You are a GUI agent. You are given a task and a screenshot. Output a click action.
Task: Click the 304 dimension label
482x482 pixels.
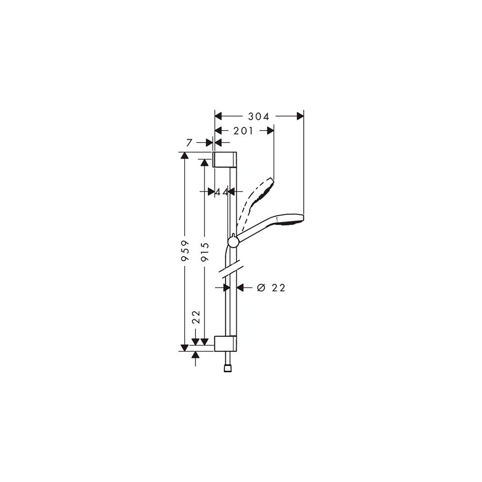[259, 117]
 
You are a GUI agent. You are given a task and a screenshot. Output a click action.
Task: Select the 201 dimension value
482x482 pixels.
[243, 131]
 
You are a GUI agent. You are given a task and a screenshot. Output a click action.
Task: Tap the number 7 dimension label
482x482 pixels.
[190, 142]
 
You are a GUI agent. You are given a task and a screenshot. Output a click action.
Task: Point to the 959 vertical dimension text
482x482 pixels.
[185, 251]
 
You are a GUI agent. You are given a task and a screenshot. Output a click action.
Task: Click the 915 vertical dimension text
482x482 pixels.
[205, 252]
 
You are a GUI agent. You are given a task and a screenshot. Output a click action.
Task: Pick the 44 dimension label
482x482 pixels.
[222, 192]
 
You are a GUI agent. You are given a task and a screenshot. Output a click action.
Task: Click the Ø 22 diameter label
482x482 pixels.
[271, 288]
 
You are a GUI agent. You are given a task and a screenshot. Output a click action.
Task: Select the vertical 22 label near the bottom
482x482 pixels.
[196, 317]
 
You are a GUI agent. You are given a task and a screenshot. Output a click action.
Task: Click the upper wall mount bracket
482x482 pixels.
[225, 160]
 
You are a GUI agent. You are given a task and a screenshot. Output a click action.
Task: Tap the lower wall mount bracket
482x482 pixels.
[225, 343]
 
